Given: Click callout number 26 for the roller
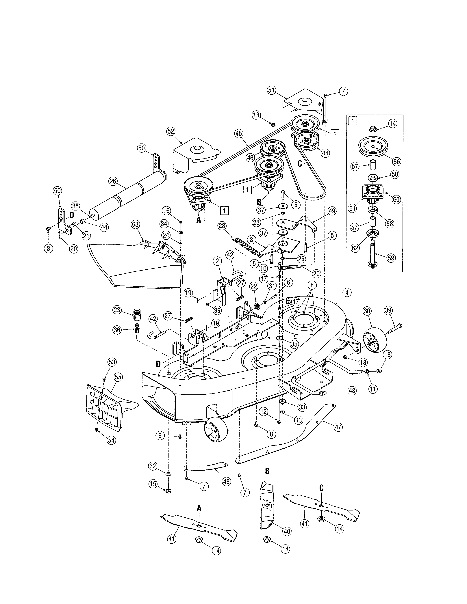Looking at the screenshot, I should click(113, 181).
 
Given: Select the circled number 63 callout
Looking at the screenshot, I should click(135, 224).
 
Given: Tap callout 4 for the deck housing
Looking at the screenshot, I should click(347, 292).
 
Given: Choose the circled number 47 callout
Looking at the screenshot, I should click(338, 427).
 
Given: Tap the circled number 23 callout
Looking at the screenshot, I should click(117, 310).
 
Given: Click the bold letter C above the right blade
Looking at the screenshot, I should click(321, 488).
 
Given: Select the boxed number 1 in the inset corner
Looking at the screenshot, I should click(353, 121).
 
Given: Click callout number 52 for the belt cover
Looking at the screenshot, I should click(171, 131).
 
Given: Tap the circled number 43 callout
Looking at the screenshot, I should click(352, 391).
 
